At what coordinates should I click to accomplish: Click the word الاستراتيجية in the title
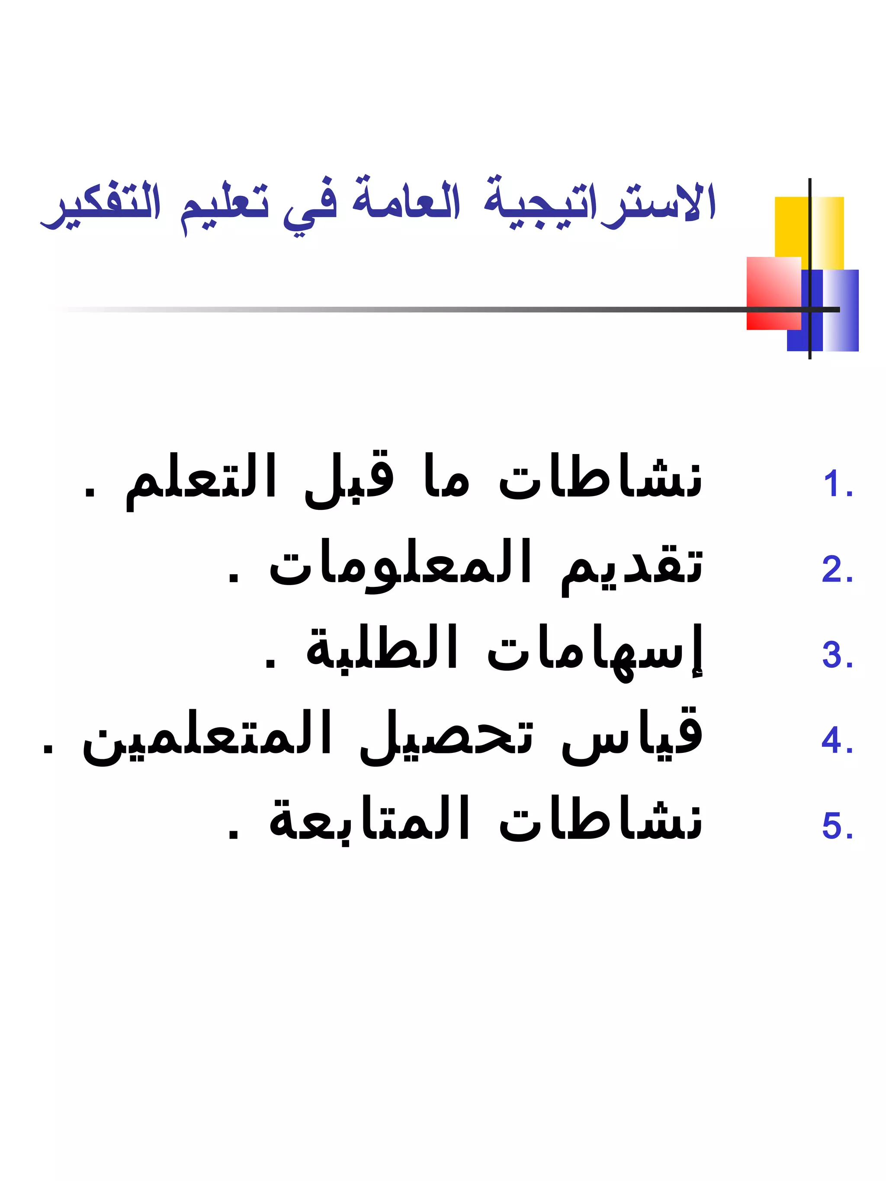point(599,205)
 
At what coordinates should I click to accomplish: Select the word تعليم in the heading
point(224,208)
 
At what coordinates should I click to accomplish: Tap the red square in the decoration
point(773,293)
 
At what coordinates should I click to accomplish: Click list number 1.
point(837,484)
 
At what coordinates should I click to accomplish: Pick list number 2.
point(837,570)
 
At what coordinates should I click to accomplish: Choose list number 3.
point(837,655)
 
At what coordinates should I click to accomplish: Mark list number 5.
point(837,826)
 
